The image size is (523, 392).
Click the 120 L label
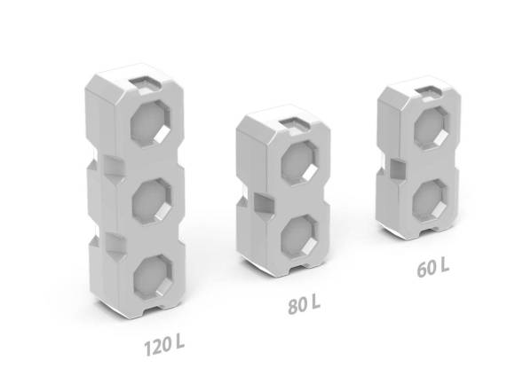[x=164, y=346]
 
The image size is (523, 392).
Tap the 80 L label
[x=305, y=304]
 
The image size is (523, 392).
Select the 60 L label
[x=433, y=268]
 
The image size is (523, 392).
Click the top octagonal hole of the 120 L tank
[x=150, y=123]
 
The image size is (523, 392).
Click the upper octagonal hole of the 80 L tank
[x=299, y=163]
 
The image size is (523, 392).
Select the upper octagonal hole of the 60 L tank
[x=432, y=129]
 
